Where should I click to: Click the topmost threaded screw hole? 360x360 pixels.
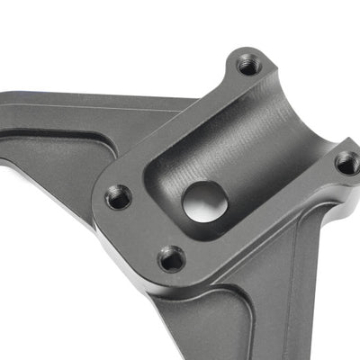pyautogui.click(x=248, y=65)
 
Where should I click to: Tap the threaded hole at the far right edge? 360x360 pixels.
pyautogui.click(x=347, y=163)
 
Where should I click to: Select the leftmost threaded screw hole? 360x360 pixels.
pyautogui.click(x=119, y=196)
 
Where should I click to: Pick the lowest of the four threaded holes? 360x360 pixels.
pyautogui.click(x=172, y=258)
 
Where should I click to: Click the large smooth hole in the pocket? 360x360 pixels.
pyautogui.click(x=205, y=200)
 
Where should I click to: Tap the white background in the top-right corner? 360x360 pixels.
pyautogui.click(x=333, y=27)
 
